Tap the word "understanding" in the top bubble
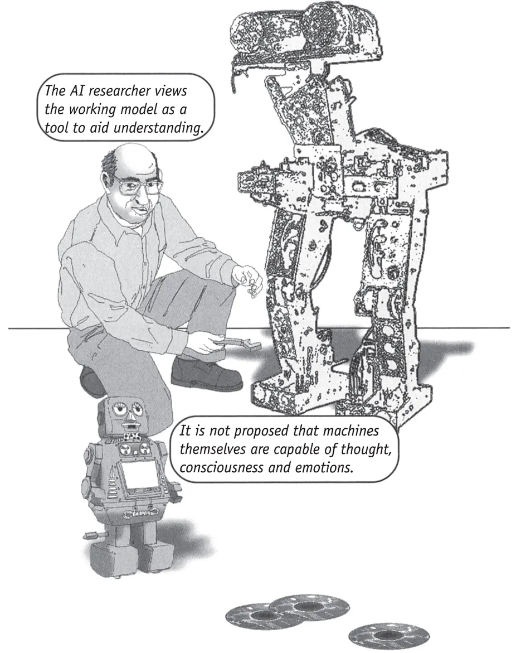tap(157, 128)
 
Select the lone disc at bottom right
tap(388, 636)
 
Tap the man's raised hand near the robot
tap(248, 280)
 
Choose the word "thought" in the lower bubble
tap(367, 449)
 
